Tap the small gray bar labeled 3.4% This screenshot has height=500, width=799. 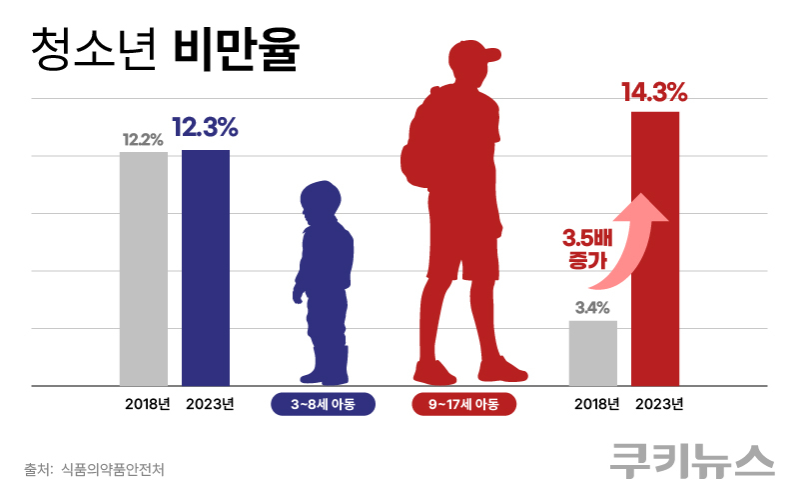point(593,352)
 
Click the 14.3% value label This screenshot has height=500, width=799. point(654,94)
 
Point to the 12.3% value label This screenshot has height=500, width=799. point(205,128)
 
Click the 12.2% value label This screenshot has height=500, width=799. point(143,140)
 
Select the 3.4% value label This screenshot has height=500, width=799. point(592,307)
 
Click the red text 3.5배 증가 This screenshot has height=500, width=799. point(579,249)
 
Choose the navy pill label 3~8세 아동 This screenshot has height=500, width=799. point(323,404)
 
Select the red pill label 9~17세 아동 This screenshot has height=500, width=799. point(463,404)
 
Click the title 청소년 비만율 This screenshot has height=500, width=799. point(165,49)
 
